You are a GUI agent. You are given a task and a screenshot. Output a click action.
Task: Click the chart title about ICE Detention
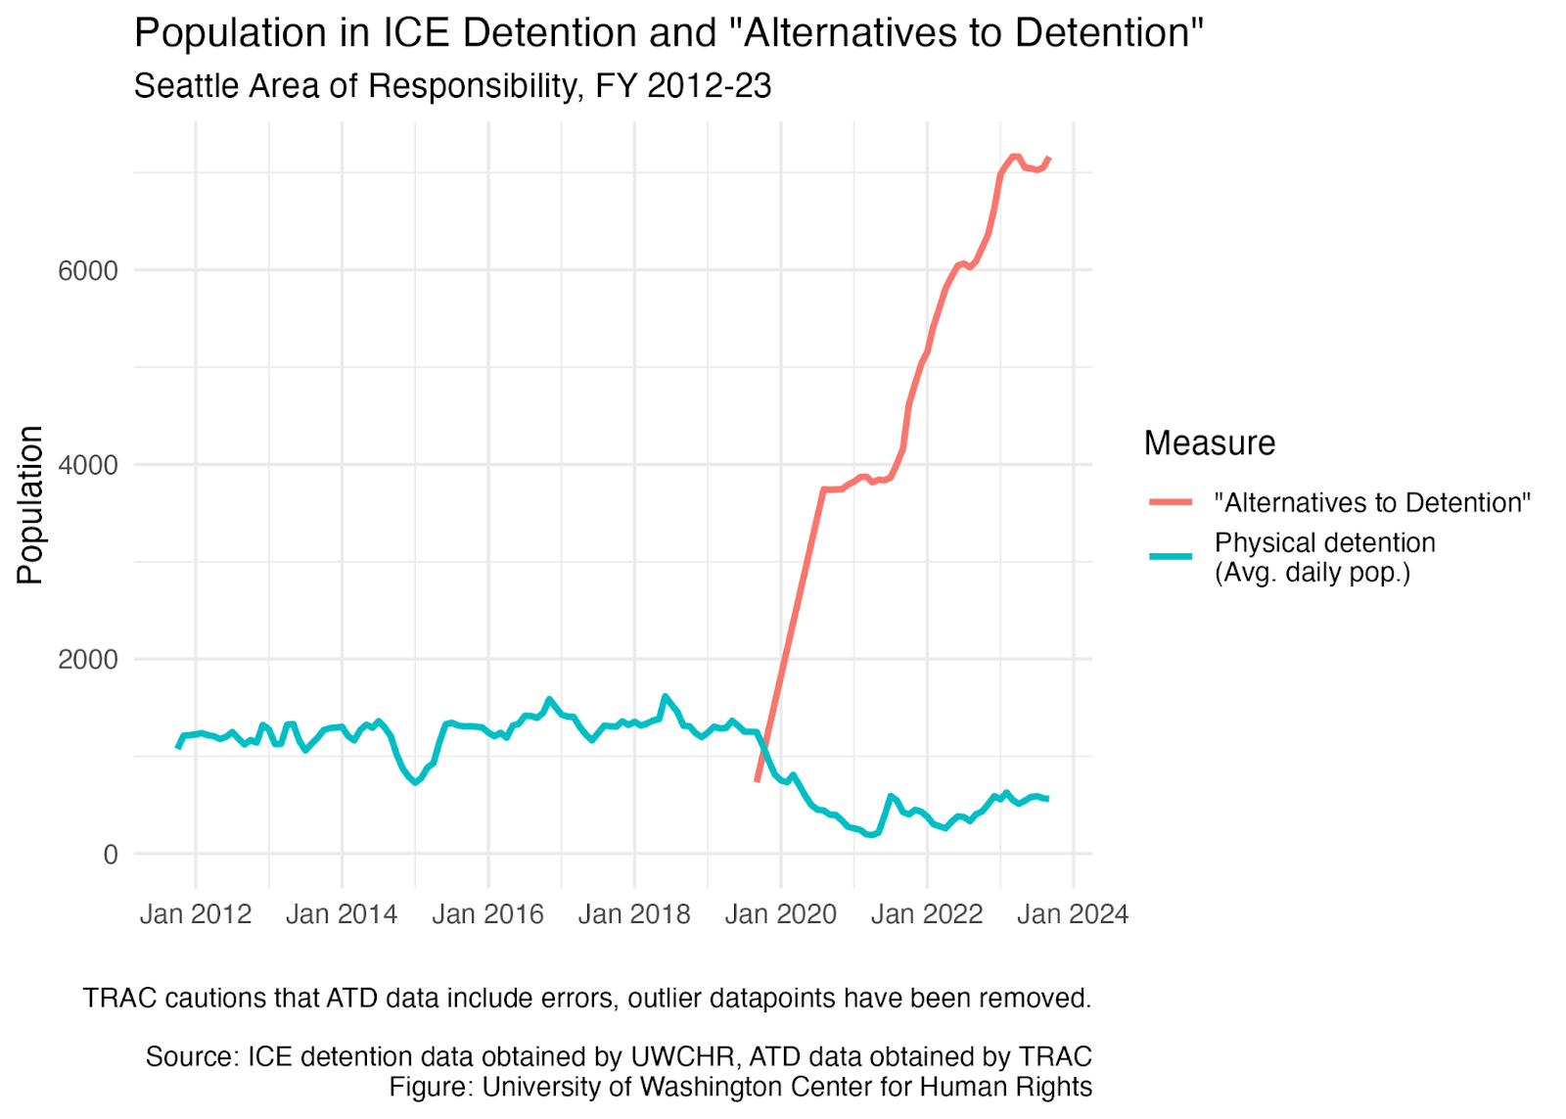[x=668, y=33]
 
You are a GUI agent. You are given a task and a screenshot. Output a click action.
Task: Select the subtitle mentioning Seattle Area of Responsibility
[x=452, y=86]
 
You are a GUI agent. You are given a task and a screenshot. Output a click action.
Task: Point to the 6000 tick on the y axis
[x=88, y=270]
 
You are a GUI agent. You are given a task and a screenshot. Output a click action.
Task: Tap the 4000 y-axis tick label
[x=88, y=465]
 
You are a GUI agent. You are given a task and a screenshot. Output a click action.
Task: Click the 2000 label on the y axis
[x=88, y=660]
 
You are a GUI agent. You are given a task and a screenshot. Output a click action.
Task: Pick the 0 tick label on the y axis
[x=111, y=854]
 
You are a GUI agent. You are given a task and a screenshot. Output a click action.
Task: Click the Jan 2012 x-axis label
[x=196, y=914]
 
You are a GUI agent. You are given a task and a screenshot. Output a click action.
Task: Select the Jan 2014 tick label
[x=342, y=914]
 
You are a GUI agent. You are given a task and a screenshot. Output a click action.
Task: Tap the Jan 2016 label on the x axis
[x=488, y=914]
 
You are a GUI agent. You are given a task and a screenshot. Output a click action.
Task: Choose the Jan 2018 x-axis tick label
[x=635, y=914]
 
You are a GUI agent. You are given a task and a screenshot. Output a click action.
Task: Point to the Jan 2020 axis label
[x=781, y=914]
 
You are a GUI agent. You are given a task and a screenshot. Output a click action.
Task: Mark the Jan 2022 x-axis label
[x=927, y=914]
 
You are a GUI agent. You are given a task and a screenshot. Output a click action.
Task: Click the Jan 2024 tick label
[x=1073, y=914]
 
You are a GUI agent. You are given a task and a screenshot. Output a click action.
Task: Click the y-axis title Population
[x=30, y=504]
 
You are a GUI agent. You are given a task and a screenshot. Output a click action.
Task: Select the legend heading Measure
[x=1210, y=443]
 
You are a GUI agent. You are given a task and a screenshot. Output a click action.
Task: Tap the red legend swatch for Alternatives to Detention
[x=1171, y=501]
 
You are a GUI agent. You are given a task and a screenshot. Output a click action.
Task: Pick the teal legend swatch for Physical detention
[x=1171, y=557]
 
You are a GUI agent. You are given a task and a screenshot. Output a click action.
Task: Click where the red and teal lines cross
[x=763, y=746]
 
